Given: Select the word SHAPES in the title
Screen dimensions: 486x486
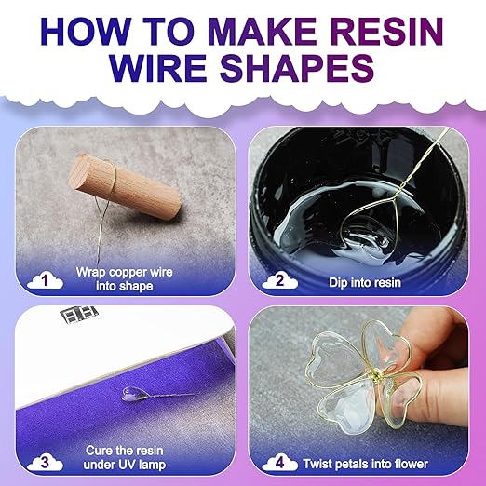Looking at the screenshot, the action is (298, 68).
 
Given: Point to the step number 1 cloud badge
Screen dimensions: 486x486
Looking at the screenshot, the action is (45, 280).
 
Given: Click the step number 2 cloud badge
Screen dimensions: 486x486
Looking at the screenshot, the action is (279, 280).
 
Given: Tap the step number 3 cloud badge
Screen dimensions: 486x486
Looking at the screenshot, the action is (45, 462).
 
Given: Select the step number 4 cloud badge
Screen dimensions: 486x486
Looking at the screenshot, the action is (279, 462).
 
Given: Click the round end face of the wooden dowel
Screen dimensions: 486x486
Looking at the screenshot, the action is (80, 171).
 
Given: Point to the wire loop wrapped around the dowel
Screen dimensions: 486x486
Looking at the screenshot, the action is (113, 179).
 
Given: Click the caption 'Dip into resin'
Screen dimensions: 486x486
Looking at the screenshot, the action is (365, 282).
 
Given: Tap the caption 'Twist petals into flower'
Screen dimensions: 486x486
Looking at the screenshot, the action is (366, 464).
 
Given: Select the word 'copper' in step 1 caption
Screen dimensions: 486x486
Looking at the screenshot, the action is (128, 272).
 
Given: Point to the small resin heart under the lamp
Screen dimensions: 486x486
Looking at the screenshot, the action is (133, 394).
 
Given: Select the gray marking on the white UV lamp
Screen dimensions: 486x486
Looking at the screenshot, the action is (79, 313).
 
